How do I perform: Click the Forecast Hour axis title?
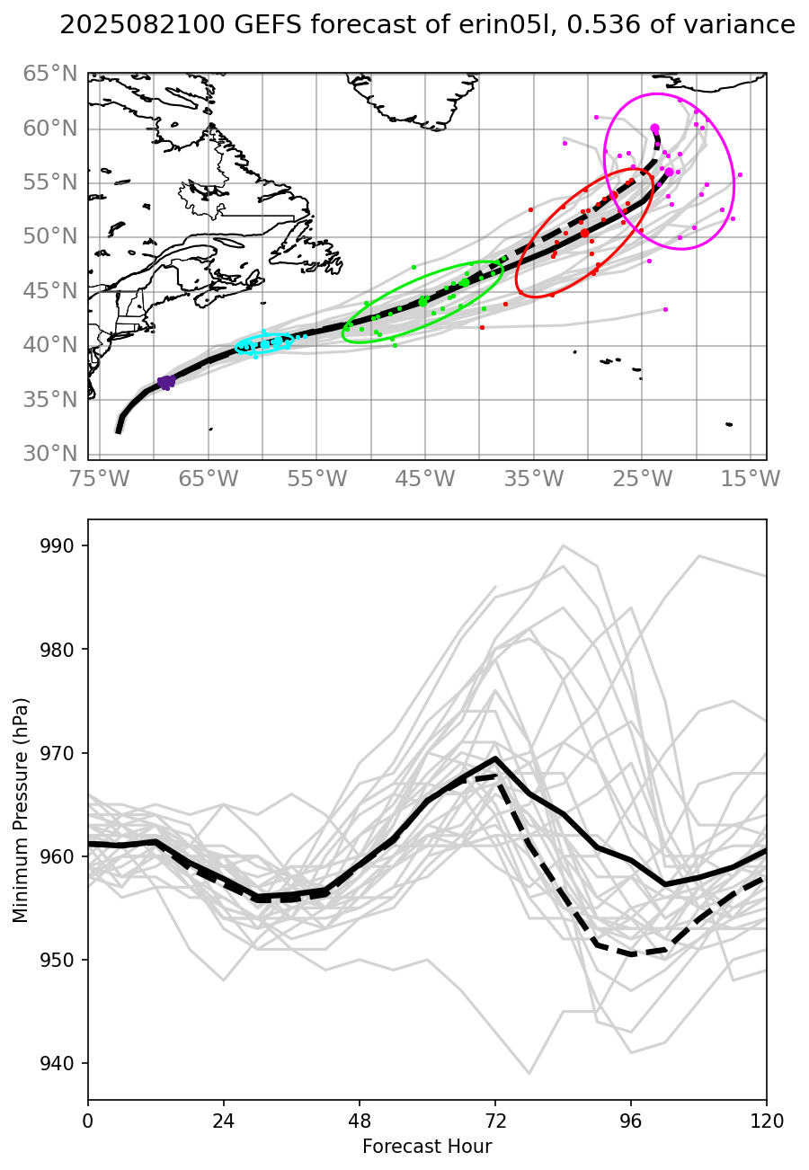(x=427, y=1147)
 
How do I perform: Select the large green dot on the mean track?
(x=423, y=302)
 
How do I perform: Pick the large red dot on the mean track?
(x=584, y=233)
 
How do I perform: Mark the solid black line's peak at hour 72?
(x=495, y=758)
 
